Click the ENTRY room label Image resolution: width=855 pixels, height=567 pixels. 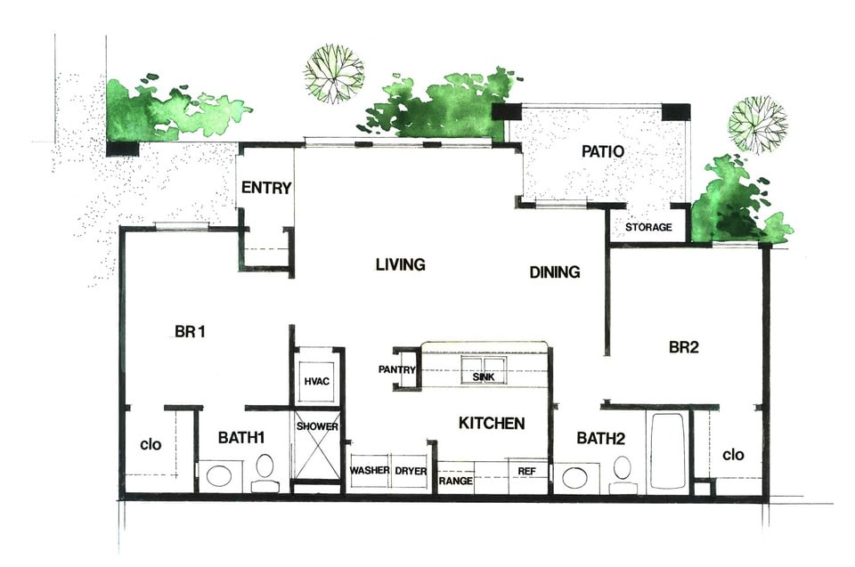pos(266,187)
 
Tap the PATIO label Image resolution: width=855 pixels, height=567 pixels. pos(602,151)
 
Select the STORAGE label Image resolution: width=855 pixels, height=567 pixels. pos(647,227)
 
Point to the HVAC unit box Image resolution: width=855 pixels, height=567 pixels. pos(317,381)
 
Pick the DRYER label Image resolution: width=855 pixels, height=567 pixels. pos(410,470)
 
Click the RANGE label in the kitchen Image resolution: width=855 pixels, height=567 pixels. pos(454,481)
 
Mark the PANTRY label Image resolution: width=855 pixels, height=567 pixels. pos(397,369)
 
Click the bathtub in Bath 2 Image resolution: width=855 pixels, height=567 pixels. pos(667,450)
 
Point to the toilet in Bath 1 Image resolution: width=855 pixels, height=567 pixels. pos(265,472)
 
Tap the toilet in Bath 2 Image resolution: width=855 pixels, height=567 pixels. pos(623,472)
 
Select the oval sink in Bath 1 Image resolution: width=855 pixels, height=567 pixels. pos(217,475)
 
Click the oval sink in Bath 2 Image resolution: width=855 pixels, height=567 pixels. pos(574,477)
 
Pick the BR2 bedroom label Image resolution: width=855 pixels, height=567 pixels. pos(683,347)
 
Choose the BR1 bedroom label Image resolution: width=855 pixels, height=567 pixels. pos(191,332)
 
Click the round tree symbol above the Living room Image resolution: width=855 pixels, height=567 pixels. pos(334,73)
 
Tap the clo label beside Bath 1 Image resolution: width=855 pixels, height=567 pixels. pos(151,443)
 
